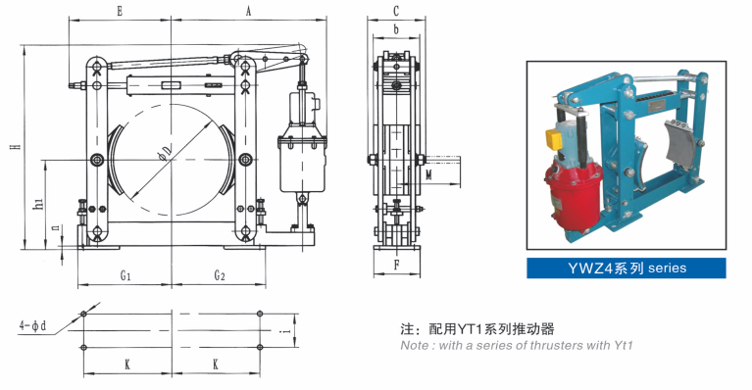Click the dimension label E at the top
point(120,11)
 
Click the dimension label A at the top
point(248,11)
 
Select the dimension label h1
point(39,203)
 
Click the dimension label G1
point(125,275)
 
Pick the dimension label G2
point(220,275)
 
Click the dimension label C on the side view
point(396,10)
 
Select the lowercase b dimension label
point(396,29)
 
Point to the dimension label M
point(428,174)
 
